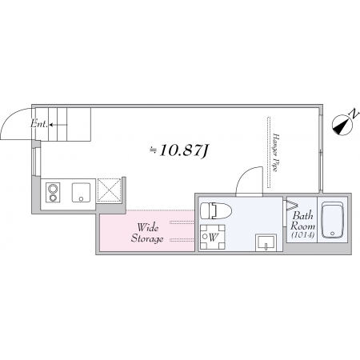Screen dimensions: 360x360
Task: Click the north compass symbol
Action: click(342, 126)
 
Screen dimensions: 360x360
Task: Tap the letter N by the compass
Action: click(354, 113)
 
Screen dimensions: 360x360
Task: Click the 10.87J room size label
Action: click(179, 151)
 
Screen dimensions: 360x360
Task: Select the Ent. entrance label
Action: click(39, 124)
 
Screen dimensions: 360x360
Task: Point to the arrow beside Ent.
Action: click(58, 124)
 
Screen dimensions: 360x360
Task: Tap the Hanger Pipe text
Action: click(275, 152)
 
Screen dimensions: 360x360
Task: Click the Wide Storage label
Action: click(147, 233)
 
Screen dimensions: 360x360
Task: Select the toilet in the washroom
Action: click(216, 210)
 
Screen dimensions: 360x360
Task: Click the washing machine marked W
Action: click(213, 237)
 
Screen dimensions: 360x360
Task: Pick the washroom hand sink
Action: click(266, 242)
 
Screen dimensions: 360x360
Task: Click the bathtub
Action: click(332, 220)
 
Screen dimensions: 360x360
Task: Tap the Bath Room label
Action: click(302, 221)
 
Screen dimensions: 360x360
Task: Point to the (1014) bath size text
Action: click(303, 235)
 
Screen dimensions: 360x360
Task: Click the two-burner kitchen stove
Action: click(53, 193)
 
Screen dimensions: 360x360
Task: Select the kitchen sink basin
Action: click(81, 193)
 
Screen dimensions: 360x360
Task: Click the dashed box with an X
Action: click(109, 190)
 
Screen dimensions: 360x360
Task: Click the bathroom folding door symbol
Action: click(292, 205)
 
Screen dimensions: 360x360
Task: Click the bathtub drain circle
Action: click(332, 234)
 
